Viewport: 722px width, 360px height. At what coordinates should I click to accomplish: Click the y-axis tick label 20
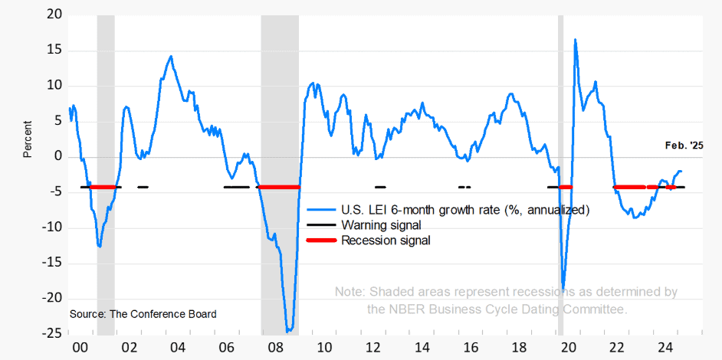point(53,15)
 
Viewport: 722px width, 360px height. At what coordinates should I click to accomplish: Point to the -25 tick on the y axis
point(51,334)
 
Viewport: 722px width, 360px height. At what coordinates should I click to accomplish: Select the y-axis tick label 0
point(57,157)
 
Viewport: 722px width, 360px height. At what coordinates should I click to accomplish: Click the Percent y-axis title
point(28,139)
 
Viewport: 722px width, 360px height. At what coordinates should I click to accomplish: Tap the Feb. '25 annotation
point(683,146)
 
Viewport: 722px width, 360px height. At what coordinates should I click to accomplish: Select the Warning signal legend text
point(381,225)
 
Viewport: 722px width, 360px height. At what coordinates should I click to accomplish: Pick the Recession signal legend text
point(386,241)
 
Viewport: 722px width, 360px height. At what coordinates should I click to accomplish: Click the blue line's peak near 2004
point(171,56)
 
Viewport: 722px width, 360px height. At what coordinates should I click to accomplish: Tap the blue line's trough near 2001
point(100,246)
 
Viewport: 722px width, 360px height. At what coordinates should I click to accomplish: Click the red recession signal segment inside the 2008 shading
point(280,187)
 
